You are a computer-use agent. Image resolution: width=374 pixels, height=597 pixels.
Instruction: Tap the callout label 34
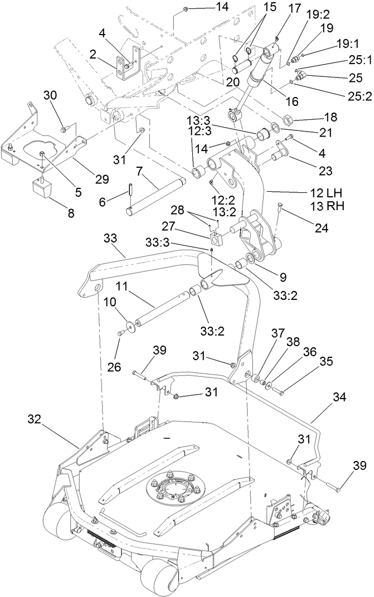point(339,398)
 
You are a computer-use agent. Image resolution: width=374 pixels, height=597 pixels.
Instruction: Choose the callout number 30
point(66,95)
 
